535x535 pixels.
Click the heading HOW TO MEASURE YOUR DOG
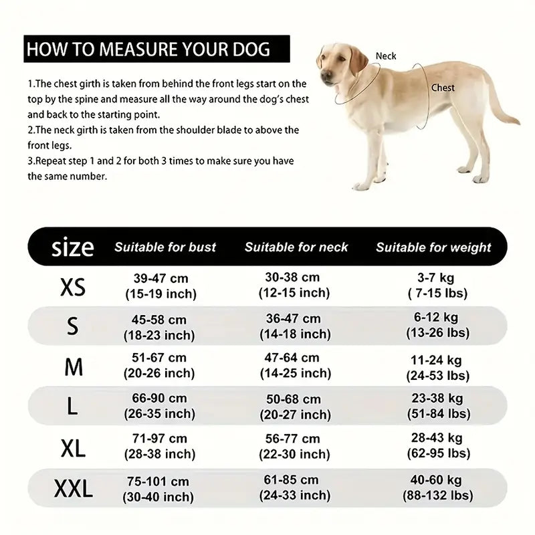[148, 49]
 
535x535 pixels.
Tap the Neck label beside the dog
[386, 57]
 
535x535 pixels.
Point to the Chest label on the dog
[443, 88]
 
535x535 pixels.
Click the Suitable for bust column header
[165, 247]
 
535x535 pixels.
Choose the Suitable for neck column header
[296, 247]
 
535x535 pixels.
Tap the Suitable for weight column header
[433, 247]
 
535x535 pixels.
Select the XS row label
[73, 288]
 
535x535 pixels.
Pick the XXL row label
[73, 490]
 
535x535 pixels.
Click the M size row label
[74, 367]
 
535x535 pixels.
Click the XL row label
[73, 449]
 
